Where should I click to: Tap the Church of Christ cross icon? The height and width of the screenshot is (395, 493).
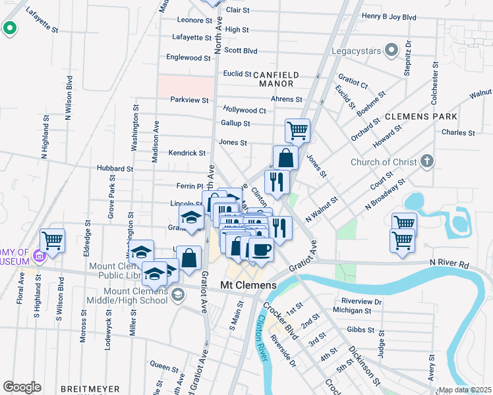427,161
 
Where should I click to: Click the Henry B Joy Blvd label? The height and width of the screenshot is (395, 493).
390,16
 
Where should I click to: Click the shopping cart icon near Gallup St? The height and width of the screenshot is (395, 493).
298,130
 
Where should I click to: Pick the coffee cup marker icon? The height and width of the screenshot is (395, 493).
260,250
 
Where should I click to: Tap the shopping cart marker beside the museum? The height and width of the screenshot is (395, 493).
52,240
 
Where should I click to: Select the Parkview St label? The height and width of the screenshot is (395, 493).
189,100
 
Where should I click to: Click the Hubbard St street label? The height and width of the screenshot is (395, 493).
115,169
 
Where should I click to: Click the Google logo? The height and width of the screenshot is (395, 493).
22,387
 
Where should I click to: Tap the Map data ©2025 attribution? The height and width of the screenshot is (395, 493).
465,390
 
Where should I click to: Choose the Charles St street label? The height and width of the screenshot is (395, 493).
458,132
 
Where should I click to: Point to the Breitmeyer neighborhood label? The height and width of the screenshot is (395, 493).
90,389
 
